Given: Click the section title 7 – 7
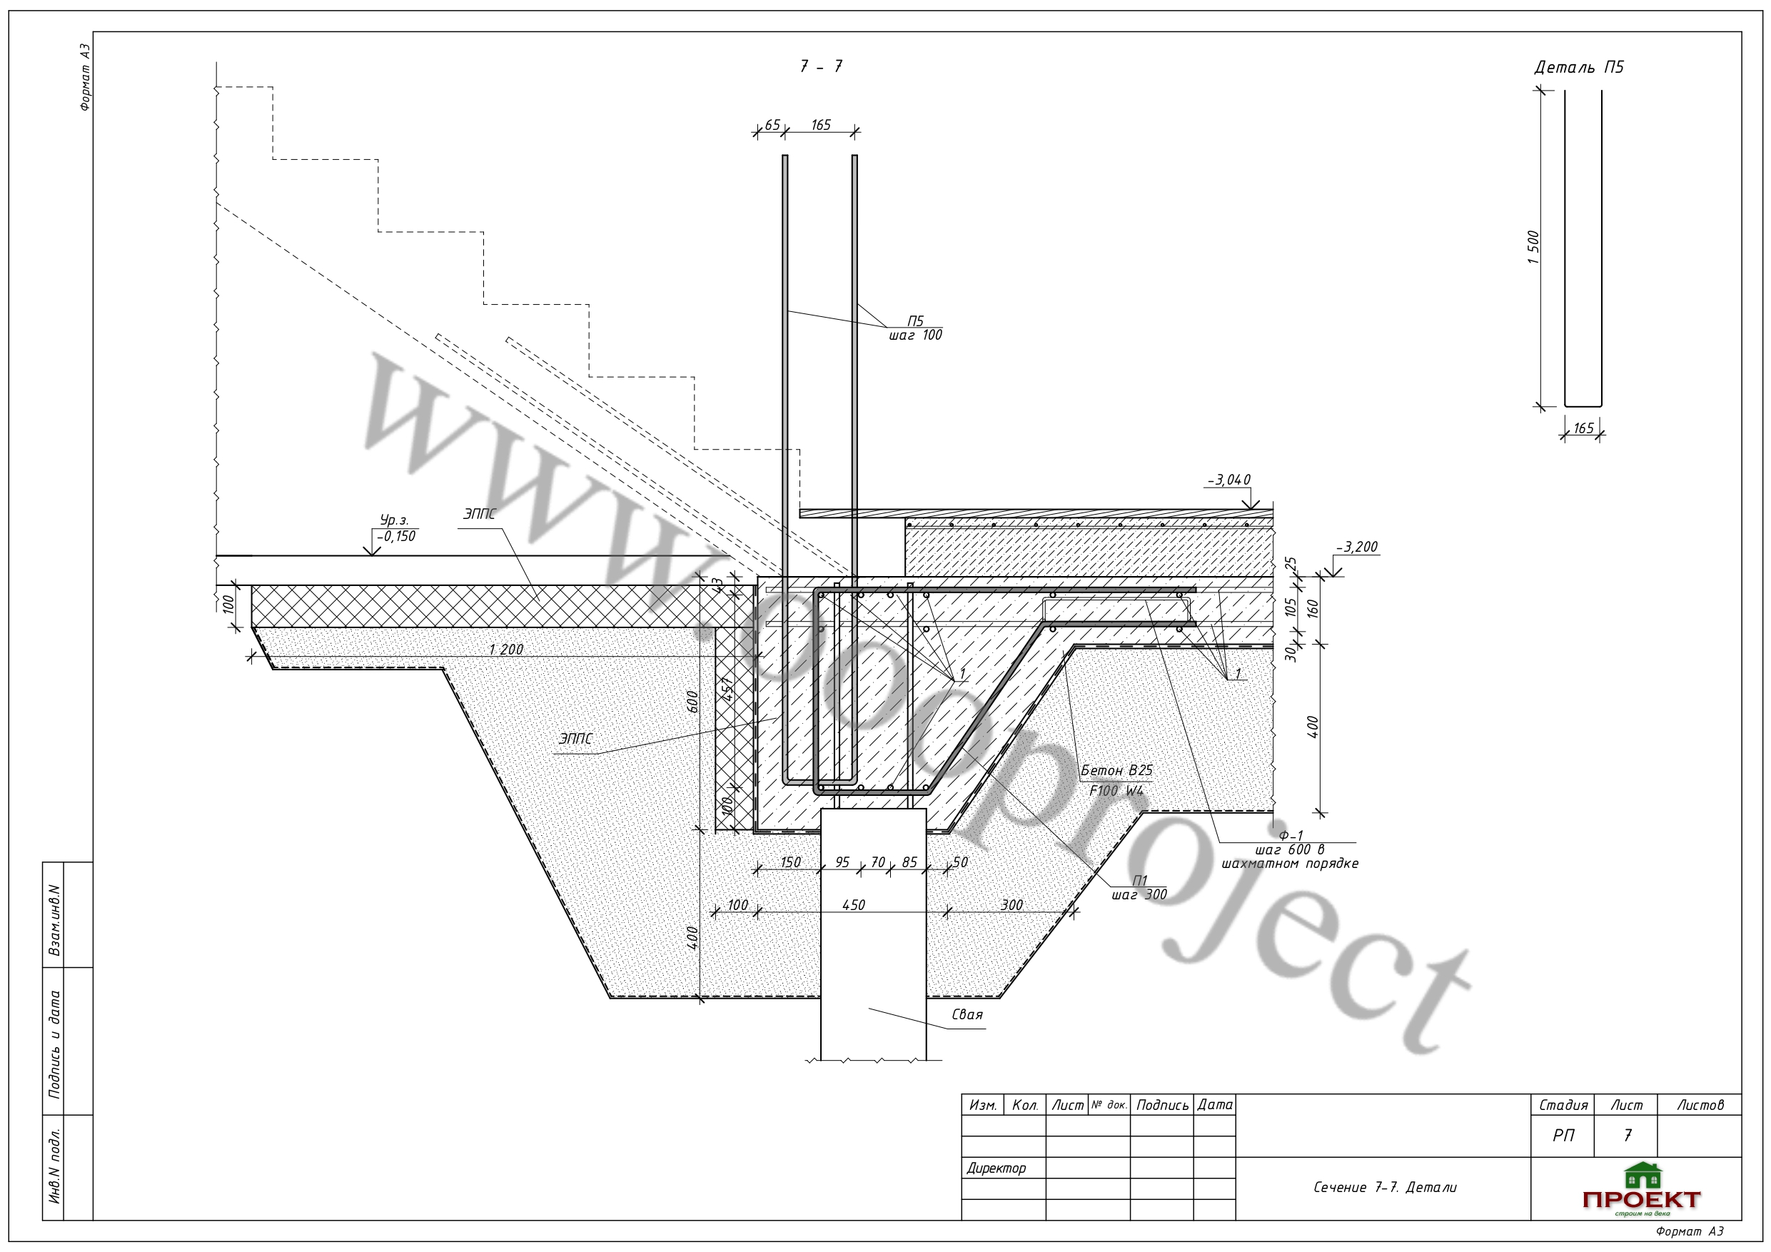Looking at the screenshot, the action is coord(821,66).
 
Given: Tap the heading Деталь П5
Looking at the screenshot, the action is coord(1579,67).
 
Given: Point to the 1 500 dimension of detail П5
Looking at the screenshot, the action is coord(1533,248).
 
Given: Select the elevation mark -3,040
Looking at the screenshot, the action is coord(1228,480).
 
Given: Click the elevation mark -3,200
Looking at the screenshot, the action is coord(1357,547).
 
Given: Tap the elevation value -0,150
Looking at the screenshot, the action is coord(395,536).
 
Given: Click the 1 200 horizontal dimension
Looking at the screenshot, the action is coord(506,650).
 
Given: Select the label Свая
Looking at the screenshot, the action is coord(967,1014).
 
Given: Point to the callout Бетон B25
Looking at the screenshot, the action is coord(1116,771).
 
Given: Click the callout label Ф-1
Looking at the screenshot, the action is coord(1291,835).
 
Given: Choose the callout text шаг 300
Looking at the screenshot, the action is coord(1139,895).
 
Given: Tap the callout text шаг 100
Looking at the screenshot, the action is coord(916,335).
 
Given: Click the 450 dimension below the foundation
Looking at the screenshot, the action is coord(853,905).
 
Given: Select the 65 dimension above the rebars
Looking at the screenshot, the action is coord(772,125).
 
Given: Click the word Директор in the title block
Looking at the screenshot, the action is coord(996,1168).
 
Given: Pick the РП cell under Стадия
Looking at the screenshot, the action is coord(1563,1136).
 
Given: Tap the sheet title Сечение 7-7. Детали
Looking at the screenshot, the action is coord(1386,1187).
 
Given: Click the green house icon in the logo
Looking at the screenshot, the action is coord(1643,1176).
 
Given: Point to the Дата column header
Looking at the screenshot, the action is coord(1215,1105).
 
